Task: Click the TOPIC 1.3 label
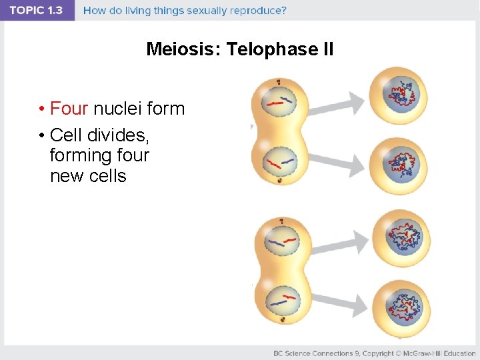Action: click(x=37, y=11)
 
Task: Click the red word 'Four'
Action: click(x=69, y=109)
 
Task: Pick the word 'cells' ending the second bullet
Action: click(x=105, y=177)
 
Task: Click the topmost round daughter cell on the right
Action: click(x=399, y=95)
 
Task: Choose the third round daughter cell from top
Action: click(x=399, y=237)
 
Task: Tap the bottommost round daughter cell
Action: click(x=399, y=307)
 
